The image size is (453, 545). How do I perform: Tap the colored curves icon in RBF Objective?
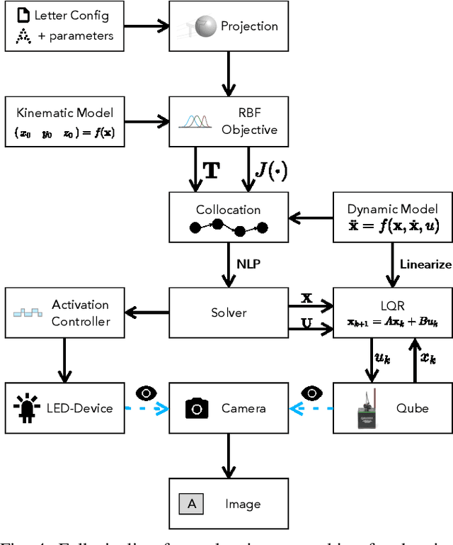click(x=196, y=121)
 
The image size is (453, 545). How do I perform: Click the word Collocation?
click(x=228, y=210)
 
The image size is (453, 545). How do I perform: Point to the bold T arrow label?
click(x=211, y=170)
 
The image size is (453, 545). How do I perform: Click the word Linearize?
click(x=425, y=264)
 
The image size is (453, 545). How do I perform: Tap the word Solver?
click(x=228, y=313)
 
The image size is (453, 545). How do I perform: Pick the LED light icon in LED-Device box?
click(x=26, y=408)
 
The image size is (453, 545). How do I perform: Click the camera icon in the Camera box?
click(x=197, y=408)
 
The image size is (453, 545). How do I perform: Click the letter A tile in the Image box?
click(x=191, y=505)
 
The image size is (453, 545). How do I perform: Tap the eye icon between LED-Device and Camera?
click(x=146, y=393)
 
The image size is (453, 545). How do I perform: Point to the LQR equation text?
click(x=393, y=322)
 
